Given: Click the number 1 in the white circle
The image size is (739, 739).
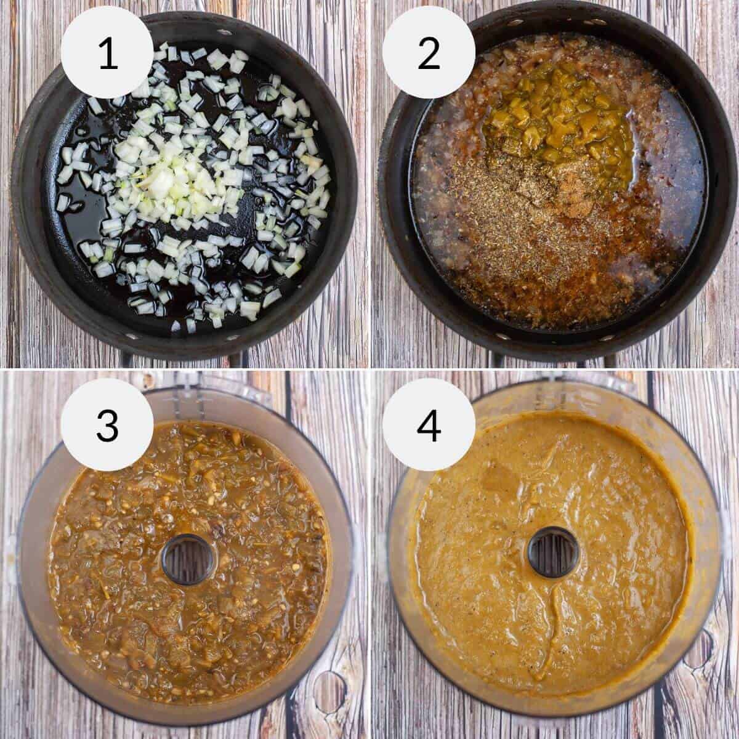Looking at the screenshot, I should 107,53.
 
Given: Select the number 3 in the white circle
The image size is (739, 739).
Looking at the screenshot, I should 107,425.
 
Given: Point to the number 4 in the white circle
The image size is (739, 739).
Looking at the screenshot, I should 429,425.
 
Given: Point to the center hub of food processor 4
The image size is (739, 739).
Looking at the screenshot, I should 553,552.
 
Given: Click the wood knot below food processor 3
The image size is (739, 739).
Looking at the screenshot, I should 329,690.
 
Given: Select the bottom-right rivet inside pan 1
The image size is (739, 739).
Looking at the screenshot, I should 248,336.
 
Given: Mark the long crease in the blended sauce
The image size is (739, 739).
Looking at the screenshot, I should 557,634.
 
